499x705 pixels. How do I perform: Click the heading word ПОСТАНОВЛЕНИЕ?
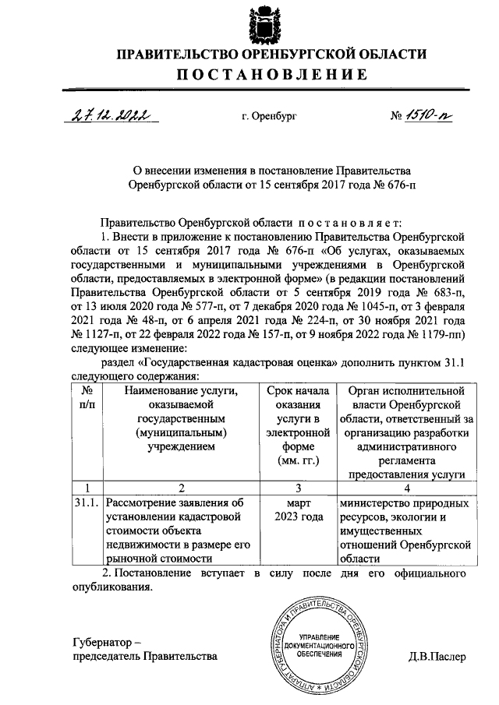pyautogui.click(x=271, y=76)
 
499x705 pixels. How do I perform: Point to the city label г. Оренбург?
pyautogui.click(x=269, y=117)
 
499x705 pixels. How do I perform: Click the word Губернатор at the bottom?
pyautogui.click(x=105, y=643)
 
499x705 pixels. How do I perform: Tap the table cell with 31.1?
pyautogui.click(x=87, y=502)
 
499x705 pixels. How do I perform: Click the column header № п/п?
pyautogui.click(x=87, y=398)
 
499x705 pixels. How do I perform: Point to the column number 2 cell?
pyautogui.click(x=181, y=488)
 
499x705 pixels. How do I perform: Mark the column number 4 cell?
pyautogui.click(x=405, y=488)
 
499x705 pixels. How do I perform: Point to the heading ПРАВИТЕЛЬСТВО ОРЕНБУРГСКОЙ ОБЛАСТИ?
pyautogui.click(x=271, y=54)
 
